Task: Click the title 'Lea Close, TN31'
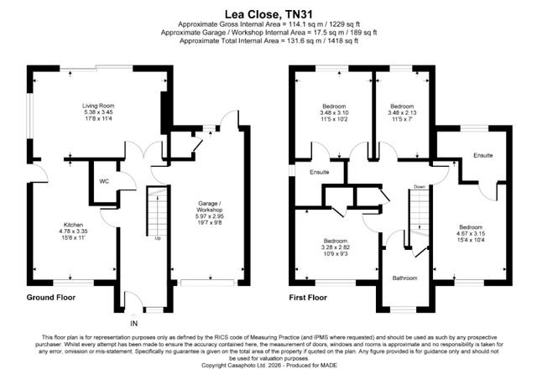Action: (268, 14)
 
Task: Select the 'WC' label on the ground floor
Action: (103, 180)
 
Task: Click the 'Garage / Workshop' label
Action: (209, 206)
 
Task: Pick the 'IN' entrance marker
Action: (133, 322)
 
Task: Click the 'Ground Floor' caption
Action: (53, 297)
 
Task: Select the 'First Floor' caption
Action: (310, 297)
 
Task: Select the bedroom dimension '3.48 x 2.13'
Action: (402, 113)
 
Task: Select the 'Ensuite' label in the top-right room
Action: (482, 156)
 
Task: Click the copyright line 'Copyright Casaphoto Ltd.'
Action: (268, 366)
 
